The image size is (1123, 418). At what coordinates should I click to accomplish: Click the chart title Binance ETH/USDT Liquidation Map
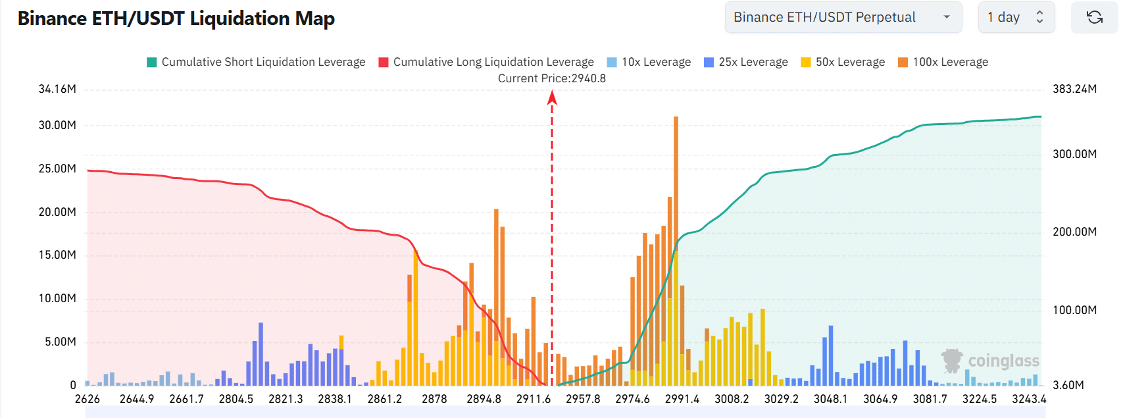tap(176, 18)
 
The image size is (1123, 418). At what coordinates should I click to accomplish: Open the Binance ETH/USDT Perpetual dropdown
tap(843, 18)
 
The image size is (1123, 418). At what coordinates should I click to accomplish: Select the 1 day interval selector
tap(1016, 18)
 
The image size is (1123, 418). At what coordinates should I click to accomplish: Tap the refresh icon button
tap(1094, 18)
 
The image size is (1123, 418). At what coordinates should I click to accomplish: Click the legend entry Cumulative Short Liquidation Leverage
tap(256, 62)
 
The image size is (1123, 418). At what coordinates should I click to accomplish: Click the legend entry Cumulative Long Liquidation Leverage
tap(486, 62)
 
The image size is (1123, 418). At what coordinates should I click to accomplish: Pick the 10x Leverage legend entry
tap(649, 62)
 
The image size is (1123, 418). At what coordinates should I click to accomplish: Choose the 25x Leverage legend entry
tap(746, 62)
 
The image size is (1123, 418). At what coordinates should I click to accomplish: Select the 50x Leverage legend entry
tap(843, 62)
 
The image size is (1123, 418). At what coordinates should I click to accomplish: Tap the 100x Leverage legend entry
tap(943, 62)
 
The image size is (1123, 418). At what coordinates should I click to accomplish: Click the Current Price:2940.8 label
tap(551, 78)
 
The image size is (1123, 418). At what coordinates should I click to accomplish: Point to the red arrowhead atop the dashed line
tap(552, 98)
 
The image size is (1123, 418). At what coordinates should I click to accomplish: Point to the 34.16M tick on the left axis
tap(57, 89)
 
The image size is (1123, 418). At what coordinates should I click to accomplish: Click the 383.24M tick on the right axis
tap(1074, 89)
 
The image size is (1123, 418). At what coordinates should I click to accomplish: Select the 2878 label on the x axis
tap(434, 399)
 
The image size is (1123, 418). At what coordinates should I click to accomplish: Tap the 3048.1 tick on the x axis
tap(830, 399)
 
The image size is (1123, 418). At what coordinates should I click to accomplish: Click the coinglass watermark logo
tap(990, 361)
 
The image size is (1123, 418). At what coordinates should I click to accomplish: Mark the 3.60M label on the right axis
tap(1068, 385)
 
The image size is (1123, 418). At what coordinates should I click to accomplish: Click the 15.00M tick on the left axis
tap(57, 255)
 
